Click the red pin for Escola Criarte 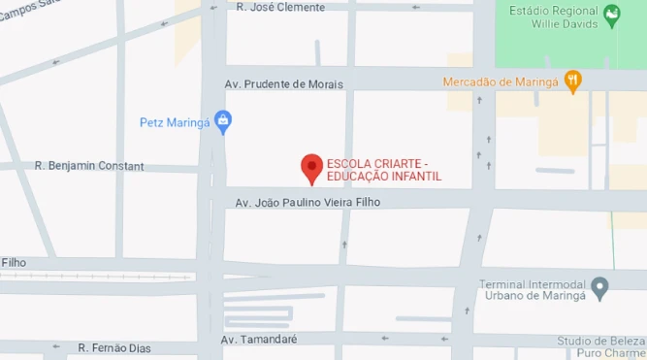(x=311, y=168)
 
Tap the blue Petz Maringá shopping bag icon (x=223, y=122)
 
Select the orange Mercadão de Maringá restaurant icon (x=573, y=82)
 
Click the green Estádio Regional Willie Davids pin (x=611, y=15)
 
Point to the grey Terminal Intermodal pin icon (x=600, y=288)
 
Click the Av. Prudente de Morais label (x=283, y=84)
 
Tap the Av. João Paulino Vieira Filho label (x=308, y=202)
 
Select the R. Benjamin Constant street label (x=89, y=166)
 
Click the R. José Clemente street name (x=280, y=7)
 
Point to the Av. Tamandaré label (x=259, y=340)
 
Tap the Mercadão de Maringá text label (x=502, y=82)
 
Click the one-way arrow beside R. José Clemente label (x=415, y=7)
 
